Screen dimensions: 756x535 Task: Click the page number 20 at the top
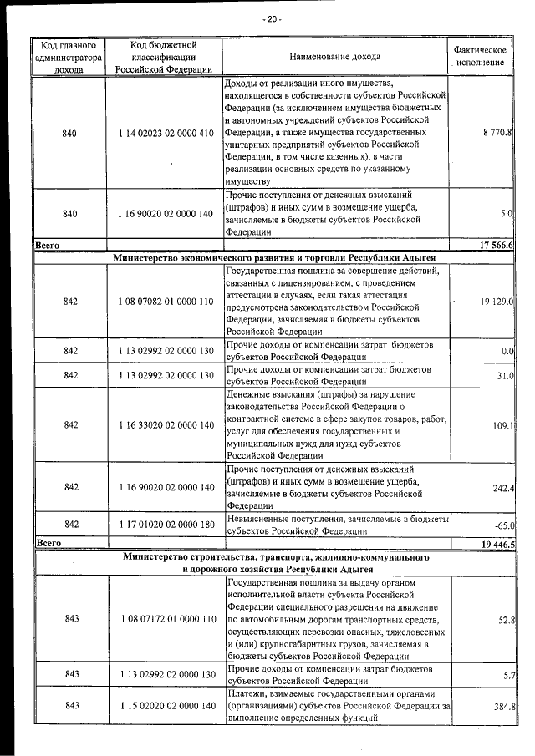[x=272, y=18]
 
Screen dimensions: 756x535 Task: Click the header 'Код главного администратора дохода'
[x=70, y=57]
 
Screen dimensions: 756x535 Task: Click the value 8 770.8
[x=497, y=133]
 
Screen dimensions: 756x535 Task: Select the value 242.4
[x=502, y=487]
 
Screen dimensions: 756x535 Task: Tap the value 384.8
[x=502, y=706]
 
